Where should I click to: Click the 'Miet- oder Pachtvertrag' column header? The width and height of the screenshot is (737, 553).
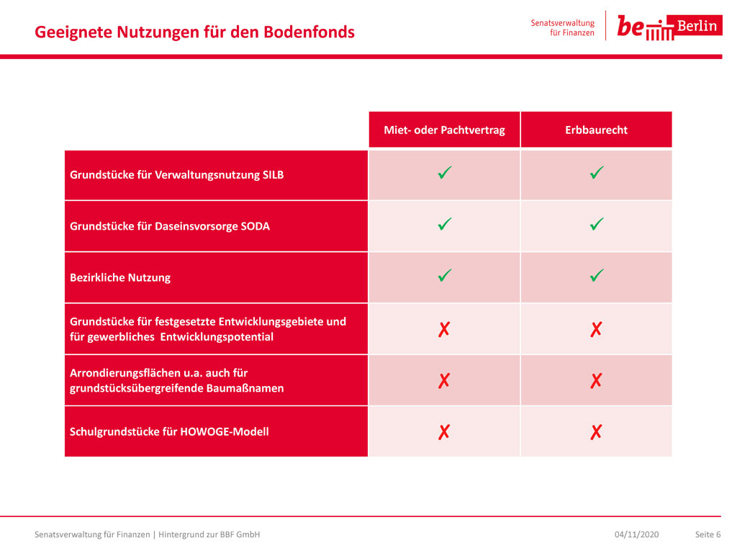coord(444,130)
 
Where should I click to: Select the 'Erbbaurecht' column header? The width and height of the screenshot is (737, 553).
coord(596,130)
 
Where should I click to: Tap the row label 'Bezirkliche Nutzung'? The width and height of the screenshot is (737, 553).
coord(120,277)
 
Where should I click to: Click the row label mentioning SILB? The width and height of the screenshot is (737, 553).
coord(177,175)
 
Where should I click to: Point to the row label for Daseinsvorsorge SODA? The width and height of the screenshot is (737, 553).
coord(170,226)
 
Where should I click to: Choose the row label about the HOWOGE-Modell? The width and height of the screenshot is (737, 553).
coord(169,432)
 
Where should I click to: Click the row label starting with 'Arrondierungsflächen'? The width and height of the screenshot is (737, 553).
coord(177,380)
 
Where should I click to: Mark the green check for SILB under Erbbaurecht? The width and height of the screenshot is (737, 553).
coord(597,173)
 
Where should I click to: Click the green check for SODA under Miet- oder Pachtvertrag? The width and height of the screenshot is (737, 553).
coord(445,224)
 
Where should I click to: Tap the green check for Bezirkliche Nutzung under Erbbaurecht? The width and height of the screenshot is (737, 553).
coord(597,275)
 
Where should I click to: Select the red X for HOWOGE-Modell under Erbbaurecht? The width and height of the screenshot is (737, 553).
coord(596,432)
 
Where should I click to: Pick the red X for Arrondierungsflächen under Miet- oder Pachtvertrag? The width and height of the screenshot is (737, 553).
coord(444,380)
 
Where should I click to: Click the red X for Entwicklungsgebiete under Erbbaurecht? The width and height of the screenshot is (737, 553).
coord(596,329)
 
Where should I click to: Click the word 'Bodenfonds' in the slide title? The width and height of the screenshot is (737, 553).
coord(309,32)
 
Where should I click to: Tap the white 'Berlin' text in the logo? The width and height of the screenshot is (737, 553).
coord(697,25)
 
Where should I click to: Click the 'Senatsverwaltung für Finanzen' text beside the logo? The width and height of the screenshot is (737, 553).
coord(563,28)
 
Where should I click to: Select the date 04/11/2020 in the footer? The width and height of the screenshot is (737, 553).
coord(636,535)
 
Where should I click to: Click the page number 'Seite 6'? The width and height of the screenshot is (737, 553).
coord(708,535)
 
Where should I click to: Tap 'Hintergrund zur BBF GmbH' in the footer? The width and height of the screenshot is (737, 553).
coord(209,535)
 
